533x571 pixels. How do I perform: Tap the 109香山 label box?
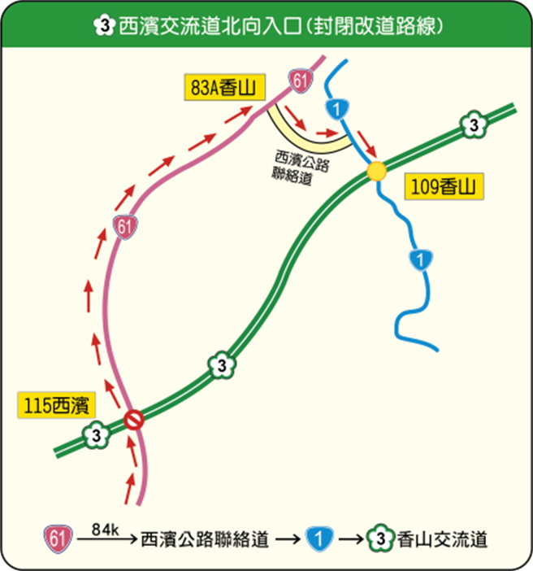click(443, 188)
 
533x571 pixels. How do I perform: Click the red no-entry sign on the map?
click(134, 420)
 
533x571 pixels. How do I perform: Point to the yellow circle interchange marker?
click(375, 172)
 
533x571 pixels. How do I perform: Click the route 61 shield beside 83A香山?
click(299, 80)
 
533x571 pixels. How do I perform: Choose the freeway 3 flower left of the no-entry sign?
click(97, 434)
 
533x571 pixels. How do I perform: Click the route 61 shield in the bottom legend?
click(55, 538)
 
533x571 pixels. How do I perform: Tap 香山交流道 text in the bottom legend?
click(442, 539)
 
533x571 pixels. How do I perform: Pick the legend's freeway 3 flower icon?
click(380, 538)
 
